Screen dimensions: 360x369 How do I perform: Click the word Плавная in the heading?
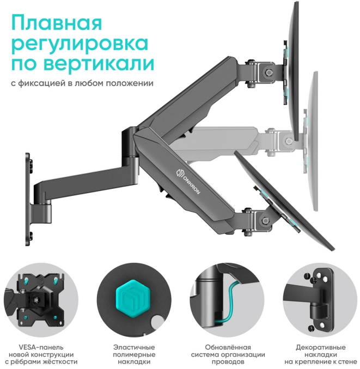(x=57, y=23)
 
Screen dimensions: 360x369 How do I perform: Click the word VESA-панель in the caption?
(x=38, y=347)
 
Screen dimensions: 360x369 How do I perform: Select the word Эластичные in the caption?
(x=134, y=347)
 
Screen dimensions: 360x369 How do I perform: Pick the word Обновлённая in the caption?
(x=228, y=347)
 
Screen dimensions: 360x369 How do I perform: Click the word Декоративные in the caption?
(x=321, y=347)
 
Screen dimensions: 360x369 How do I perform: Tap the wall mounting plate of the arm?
(x=28, y=199)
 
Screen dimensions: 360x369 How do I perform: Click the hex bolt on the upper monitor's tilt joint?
(x=269, y=72)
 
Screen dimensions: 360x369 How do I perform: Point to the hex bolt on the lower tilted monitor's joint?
(x=265, y=220)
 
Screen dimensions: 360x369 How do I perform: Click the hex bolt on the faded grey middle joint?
(x=288, y=141)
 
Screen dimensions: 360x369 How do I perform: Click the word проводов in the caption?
(x=228, y=362)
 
